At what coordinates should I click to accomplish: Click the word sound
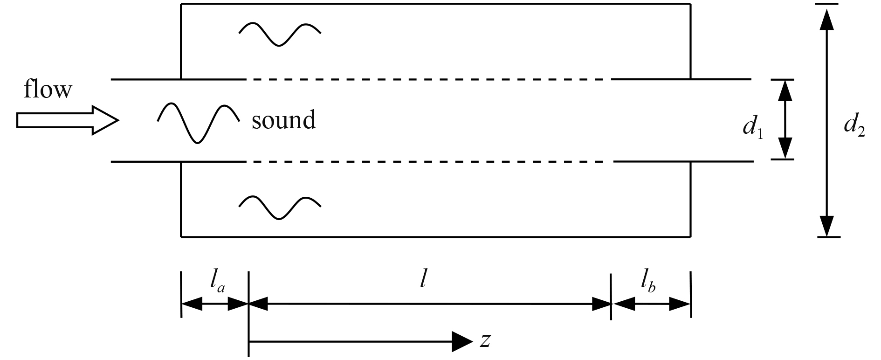[283, 120]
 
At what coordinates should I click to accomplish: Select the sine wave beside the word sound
[199, 122]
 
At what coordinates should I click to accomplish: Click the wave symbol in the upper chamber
[280, 34]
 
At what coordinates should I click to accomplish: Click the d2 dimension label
[854, 126]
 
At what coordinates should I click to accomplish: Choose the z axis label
[485, 341]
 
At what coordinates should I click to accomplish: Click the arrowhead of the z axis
[463, 342]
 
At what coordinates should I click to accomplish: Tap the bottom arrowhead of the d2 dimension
[826, 226]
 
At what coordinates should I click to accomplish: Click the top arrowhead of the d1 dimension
[786, 91]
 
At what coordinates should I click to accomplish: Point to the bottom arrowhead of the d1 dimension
[786, 148]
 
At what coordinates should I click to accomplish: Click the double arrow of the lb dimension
[651, 305]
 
